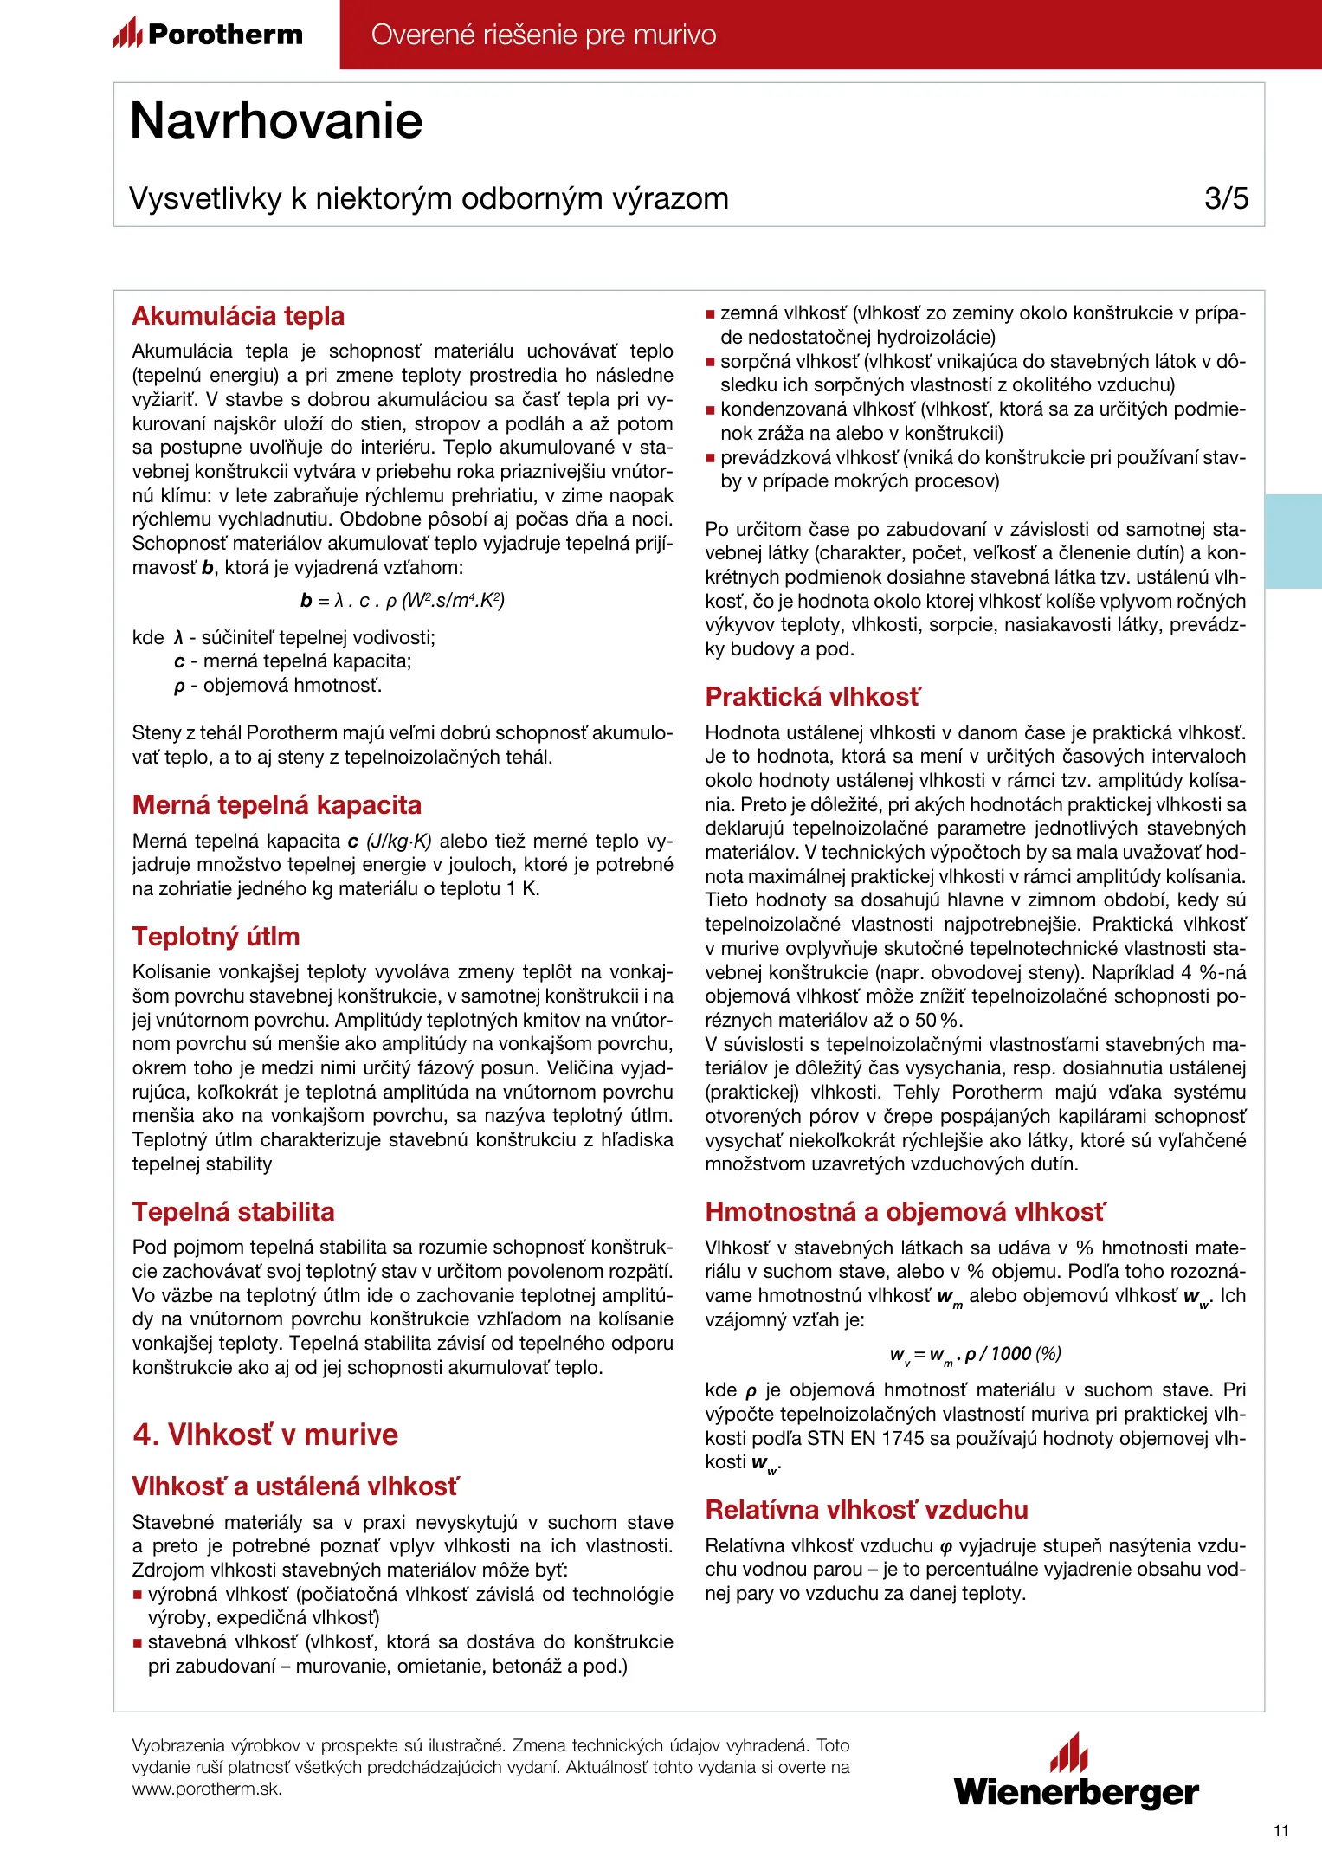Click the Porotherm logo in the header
click(x=209, y=35)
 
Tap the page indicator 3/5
click(x=1226, y=198)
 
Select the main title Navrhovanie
click(x=276, y=120)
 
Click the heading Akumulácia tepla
click(x=238, y=316)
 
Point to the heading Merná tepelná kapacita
click(x=276, y=805)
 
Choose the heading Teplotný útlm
click(x=216, y=937)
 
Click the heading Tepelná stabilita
click(x=233, y=1212)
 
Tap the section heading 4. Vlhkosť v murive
click(x=265, y=1435)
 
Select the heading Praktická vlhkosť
click(x=813, y=697)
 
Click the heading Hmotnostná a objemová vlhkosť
click(x=905, y=1212)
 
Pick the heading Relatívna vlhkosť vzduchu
click(x=867, y=1510)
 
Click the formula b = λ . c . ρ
click(x=403, y=601)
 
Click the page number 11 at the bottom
click(x=1281, y=1830)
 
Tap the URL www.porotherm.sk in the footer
click(x=207, y=1789)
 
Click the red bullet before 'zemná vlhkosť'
click(x=711, y=314)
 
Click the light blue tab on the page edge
click(x=1293, y=541)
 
